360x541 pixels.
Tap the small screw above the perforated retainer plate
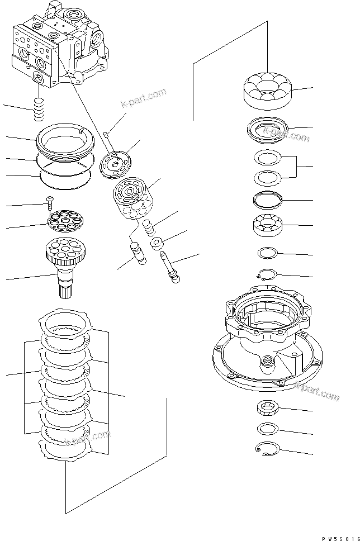click(49, 200)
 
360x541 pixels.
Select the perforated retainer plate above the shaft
click(63, 219)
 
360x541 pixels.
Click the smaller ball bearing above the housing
click(267, 225)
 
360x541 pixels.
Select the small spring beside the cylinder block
click(149, 227)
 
